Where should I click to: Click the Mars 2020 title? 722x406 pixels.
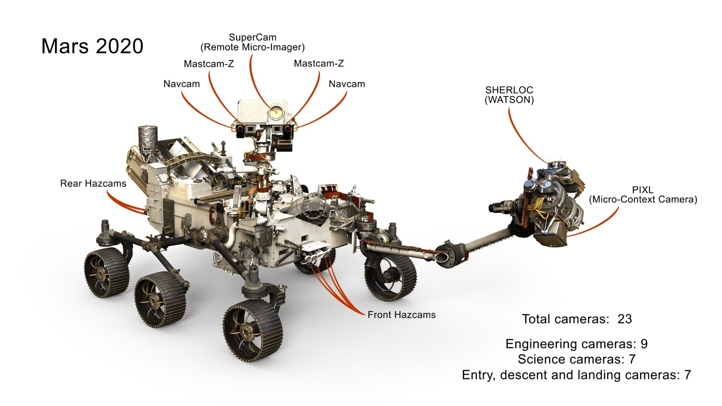pos(92,46)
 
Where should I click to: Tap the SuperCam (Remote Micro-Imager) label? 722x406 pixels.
pos(252,42)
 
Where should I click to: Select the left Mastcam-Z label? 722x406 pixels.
pos(209,64)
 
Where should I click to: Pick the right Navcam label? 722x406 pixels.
pos(347,84)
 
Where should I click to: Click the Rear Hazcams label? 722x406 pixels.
pos(93,183)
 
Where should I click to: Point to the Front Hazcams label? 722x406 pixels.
pos(401,315)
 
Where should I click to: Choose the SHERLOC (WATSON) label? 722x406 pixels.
pos(509,95)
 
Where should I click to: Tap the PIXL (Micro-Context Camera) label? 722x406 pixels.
pos(643,195)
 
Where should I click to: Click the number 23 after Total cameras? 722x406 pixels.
pos(625,319)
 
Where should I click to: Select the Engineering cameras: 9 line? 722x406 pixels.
pos(576,344)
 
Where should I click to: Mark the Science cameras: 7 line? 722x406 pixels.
pos(576,359)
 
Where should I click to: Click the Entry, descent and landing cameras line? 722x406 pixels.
pos(576,375)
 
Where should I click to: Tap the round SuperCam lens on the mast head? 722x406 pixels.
pos(276,111)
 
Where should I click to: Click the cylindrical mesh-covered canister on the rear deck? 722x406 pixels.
pos(148,138)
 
